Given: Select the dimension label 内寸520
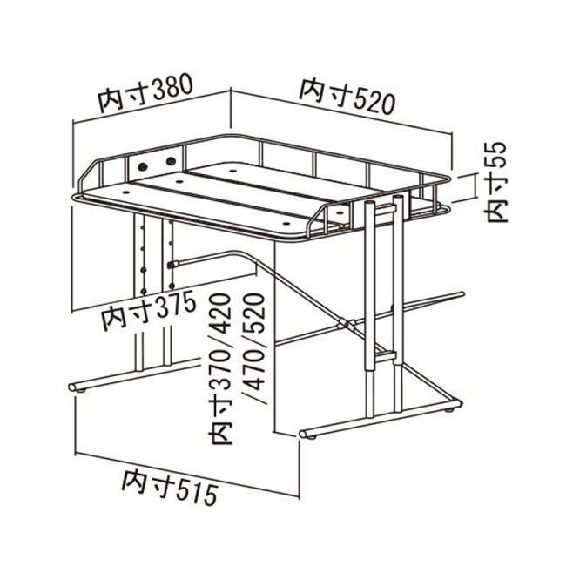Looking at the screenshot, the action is click(x=347, y=97).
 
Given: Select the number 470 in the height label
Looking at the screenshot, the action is click(x=255, y=368).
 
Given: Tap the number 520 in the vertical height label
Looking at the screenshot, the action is click(x=255, y=311).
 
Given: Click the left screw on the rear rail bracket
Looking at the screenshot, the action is click(x=143, y=166).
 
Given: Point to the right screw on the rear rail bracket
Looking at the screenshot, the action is click(x=171, y=160).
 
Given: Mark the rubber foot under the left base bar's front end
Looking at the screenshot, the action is click(x=82, y=391).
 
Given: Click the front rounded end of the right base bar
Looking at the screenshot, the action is click(x=303, y=434).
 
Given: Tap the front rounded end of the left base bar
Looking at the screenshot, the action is click(x=72, y=387).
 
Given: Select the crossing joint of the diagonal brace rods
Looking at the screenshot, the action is click(x=347, y=323).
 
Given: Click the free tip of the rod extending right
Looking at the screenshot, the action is click(x=462, y=293).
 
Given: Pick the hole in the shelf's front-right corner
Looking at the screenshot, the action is click(x=287, y=224).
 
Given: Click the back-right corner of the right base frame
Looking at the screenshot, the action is click(x=458, y=402).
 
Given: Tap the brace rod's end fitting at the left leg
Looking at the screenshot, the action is click(x=173, y=264).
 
